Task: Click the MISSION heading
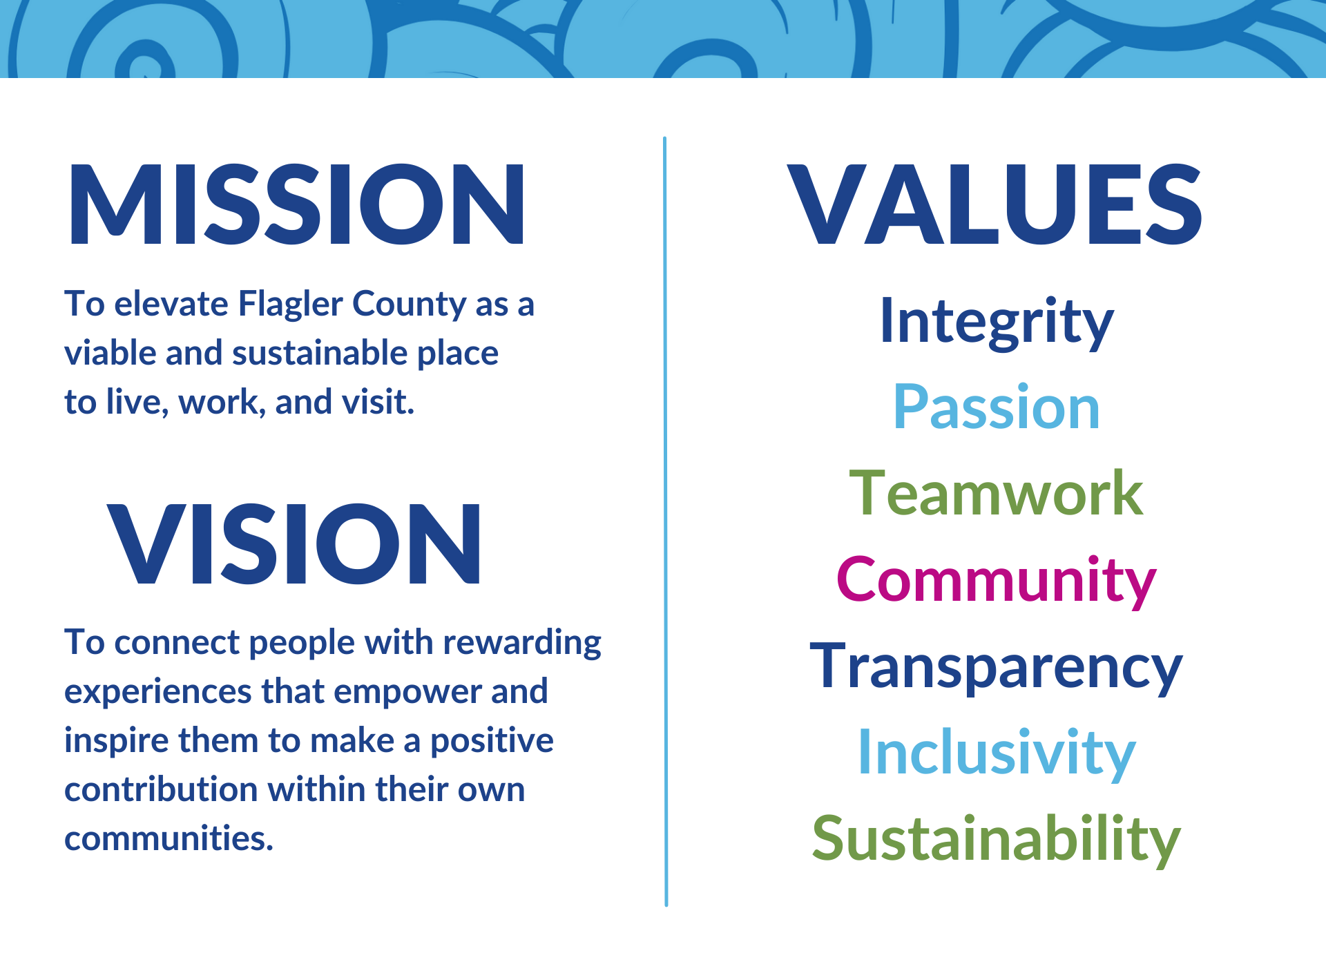(x=297, y=204)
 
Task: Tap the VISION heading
(x=294, y=543)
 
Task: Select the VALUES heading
(x=995, y=204)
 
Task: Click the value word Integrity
(x=997, y=323)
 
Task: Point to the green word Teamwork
(x=996, y=493)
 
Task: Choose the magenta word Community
(x=996, y=581)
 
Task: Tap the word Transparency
(x=996, y=668)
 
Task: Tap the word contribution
(x=161, y=789)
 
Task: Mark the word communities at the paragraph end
(x=169, y=838)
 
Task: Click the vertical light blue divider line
(x=665, y=521)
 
